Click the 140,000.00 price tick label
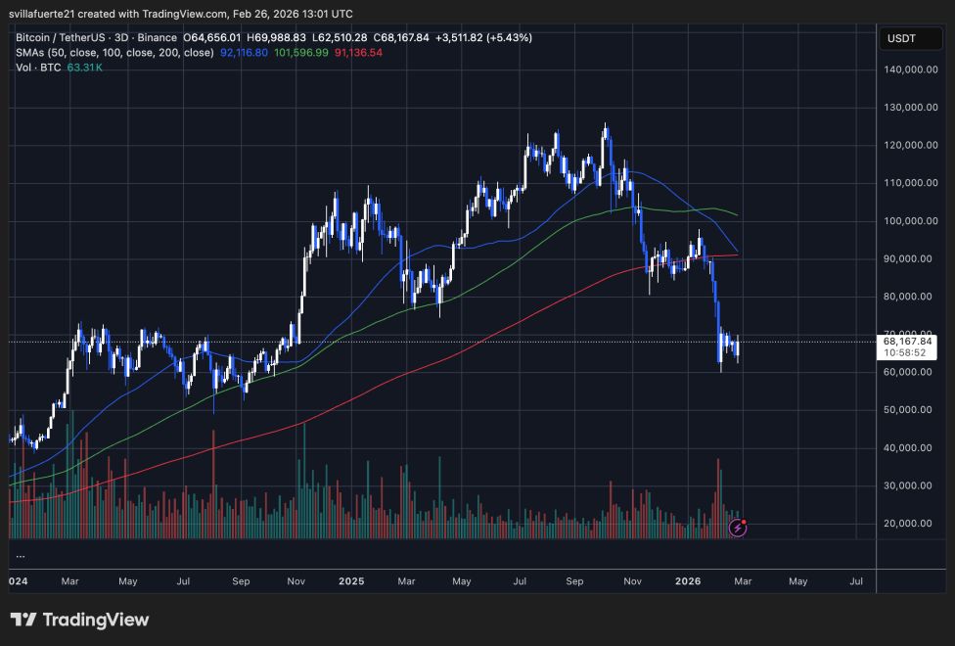(907, 69)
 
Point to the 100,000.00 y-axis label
(907, 221)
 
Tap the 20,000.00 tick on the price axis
(907, 524)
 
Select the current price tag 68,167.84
(907, 341)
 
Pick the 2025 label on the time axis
(351, 580)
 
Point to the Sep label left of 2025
(241, 580)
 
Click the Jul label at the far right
(856, 580)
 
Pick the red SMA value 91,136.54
(357, 52)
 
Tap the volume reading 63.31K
(86, 67)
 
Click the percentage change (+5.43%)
(501, 38)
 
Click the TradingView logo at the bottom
(79, 620)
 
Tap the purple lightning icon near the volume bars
(739, 528)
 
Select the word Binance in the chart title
(171, 38)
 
